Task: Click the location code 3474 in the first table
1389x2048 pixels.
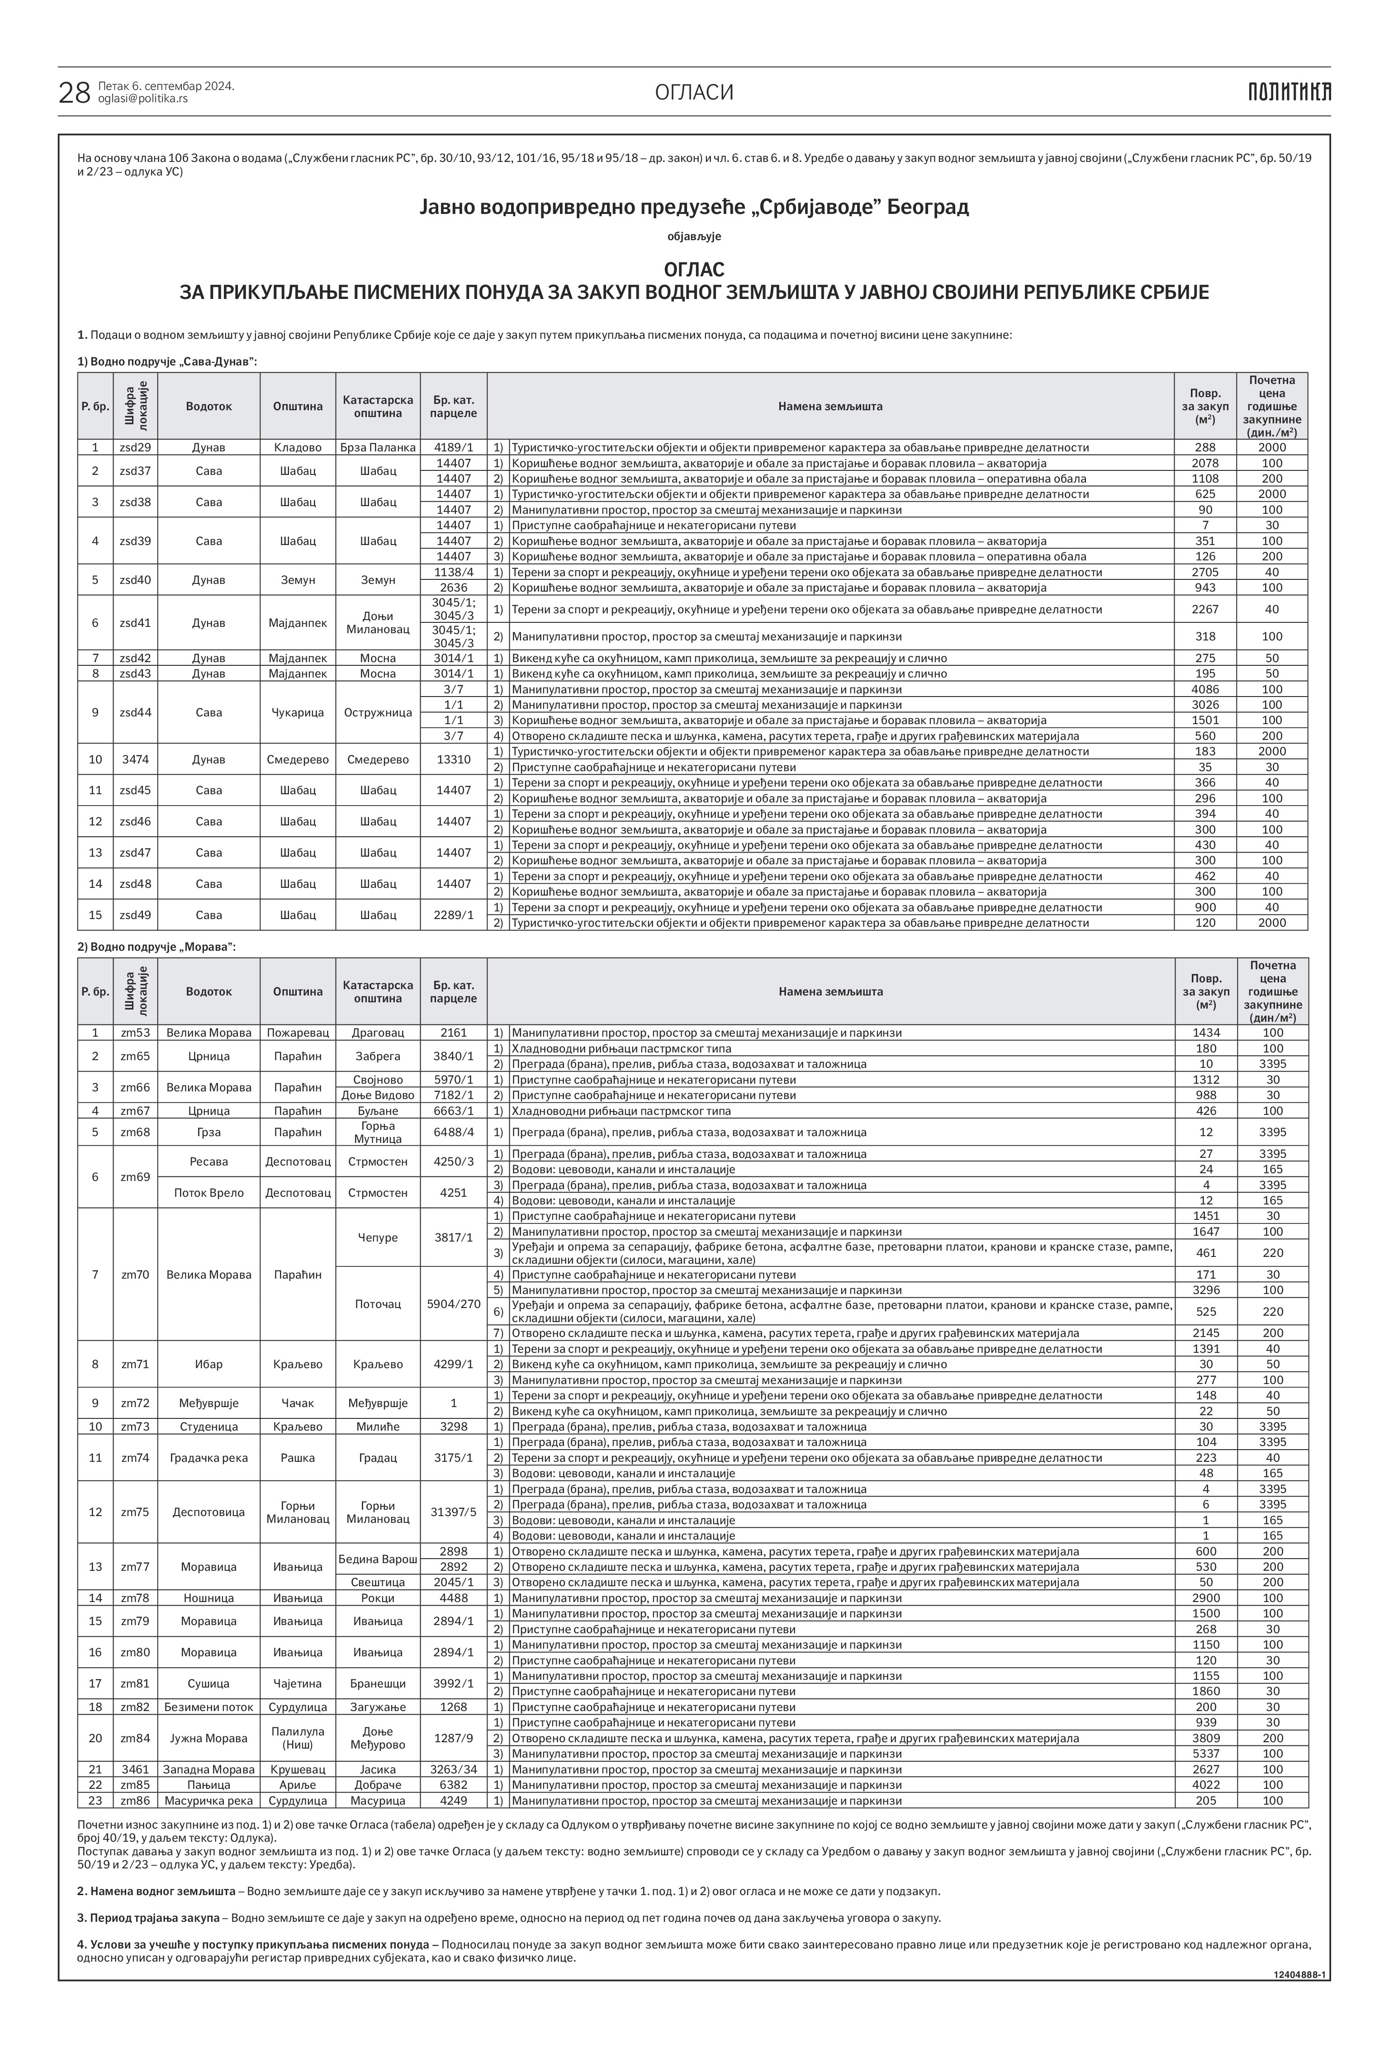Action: (x=135, y=759)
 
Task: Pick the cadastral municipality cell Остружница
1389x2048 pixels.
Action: (x=377, y=712)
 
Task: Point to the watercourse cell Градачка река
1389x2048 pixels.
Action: (x=209, y=1458)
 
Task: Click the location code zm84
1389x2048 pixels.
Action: (x=135, y=1738)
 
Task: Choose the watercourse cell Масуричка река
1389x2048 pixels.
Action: (x=209, y=1801)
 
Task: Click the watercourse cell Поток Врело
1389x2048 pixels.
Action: (x=209, y=1192)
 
